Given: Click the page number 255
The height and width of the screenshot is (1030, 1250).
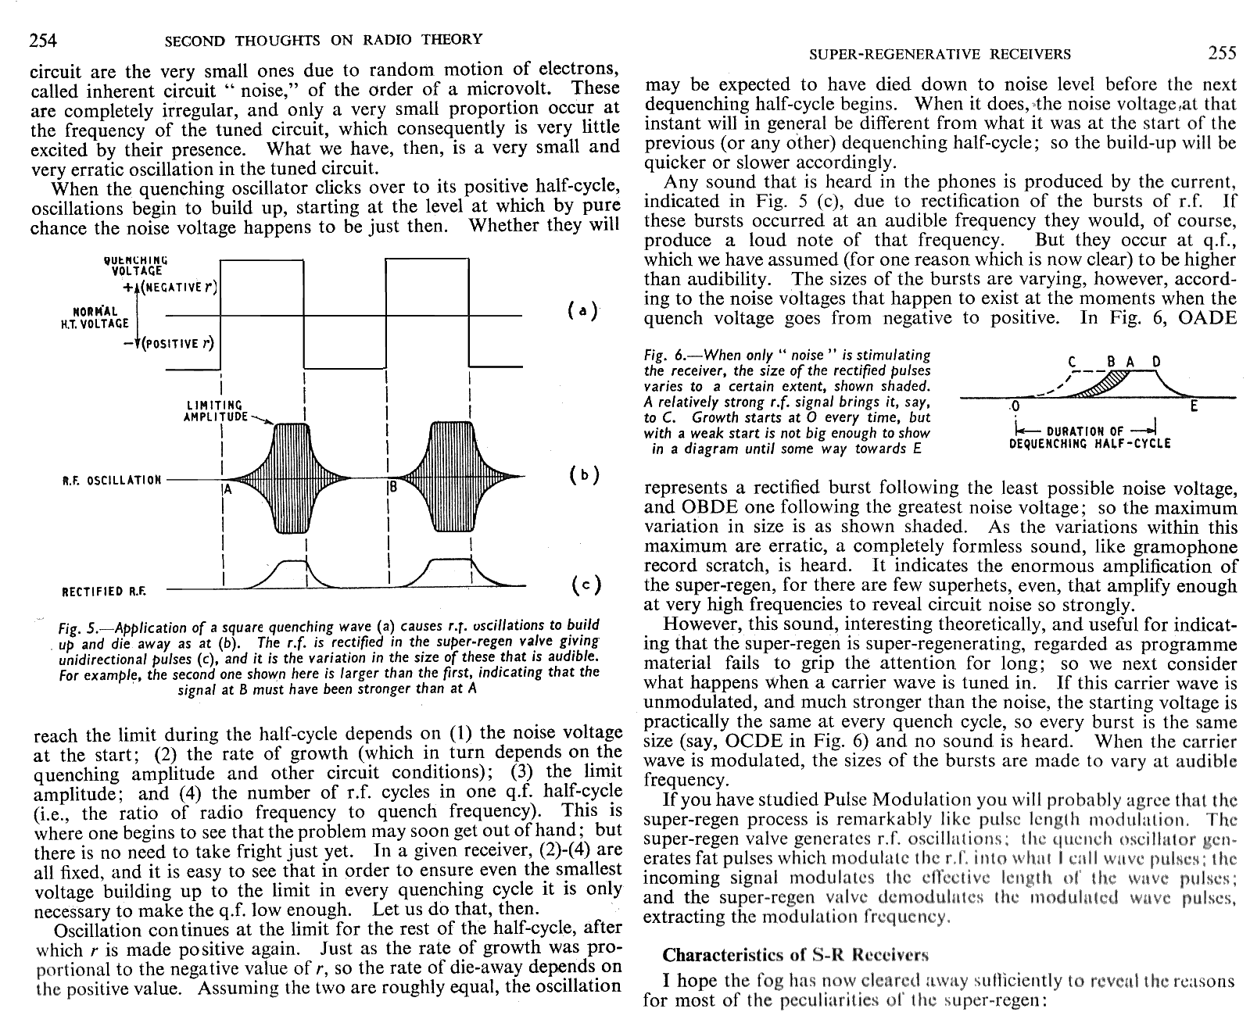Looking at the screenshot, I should pos(1222,53).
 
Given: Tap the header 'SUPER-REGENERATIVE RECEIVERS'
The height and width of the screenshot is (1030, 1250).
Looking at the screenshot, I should pos(940,54).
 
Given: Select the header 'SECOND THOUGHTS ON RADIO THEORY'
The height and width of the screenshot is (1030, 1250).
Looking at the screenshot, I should pos(323,40).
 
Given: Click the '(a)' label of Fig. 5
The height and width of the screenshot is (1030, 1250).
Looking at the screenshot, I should pos(582,310).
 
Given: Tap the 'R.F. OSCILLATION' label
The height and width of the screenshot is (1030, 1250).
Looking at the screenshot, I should pos(112,480).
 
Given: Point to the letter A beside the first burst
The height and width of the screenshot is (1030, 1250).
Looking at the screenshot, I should pos(227,490).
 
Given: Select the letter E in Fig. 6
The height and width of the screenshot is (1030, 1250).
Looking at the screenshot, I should pos(1193,406).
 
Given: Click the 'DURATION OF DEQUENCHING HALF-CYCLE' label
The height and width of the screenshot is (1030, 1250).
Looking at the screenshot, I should pos(1090,437).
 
